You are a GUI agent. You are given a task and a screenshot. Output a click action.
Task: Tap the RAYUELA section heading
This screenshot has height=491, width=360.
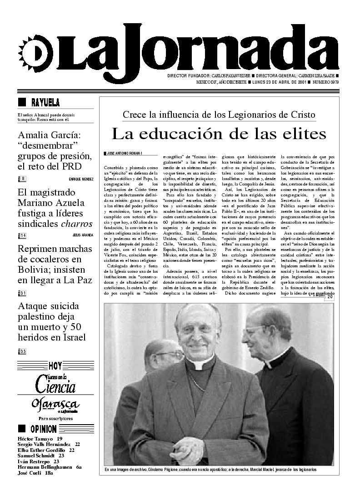45,102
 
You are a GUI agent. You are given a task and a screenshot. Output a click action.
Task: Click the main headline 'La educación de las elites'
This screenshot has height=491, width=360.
219,134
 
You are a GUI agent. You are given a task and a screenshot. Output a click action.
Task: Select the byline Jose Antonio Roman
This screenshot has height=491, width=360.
124,153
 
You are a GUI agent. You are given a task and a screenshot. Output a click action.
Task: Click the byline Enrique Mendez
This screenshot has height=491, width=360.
81,179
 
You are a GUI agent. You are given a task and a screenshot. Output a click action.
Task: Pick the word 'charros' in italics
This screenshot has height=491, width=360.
77,224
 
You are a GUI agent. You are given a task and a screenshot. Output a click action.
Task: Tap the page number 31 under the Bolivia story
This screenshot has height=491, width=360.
23,293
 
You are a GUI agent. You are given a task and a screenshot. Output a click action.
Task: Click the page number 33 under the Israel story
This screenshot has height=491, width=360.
23,351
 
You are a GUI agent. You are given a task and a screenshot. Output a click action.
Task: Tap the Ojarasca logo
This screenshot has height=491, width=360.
55,404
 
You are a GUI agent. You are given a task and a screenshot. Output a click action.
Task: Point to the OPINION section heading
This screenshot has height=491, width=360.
44,429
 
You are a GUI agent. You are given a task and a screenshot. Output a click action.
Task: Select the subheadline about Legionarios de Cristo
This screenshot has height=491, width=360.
219,115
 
